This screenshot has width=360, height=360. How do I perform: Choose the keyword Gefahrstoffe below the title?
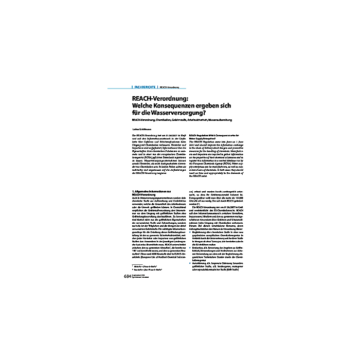pyautogui.click(x=184, y=121)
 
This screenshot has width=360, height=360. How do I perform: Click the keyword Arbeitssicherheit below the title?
pyautogui.click(x=209, y=121)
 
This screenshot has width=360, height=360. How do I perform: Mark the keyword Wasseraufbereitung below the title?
pyautogui.click(x=237, y=121)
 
